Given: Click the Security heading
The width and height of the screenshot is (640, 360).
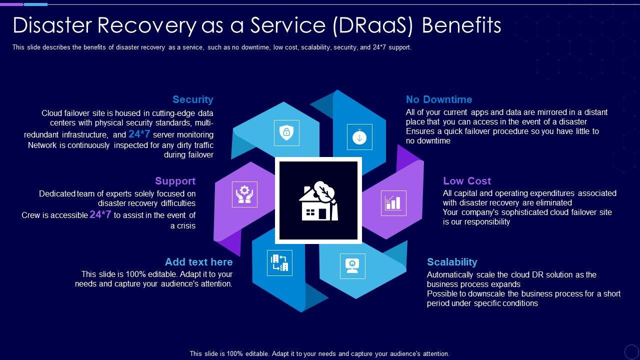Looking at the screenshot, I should [192, 99].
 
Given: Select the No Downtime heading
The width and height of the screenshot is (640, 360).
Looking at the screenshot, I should [438, 99].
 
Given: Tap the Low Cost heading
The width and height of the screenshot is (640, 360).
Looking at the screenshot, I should [466, 181].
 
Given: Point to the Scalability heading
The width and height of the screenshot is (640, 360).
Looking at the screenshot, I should [451, 262].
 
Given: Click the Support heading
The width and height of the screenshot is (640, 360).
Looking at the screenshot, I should [175, 181].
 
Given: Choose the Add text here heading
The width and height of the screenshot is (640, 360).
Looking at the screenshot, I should [198, 262].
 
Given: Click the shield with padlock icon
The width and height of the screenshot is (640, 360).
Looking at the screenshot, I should [286, 132].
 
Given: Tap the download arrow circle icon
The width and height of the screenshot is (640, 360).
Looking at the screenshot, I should [359, 136].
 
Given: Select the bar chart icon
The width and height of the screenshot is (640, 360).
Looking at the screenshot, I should [393, 203].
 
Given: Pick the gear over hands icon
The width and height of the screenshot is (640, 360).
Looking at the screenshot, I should [244, 194].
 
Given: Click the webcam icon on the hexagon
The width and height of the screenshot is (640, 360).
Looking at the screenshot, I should [352, 265].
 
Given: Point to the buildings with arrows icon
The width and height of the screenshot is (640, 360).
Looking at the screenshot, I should [279, 263].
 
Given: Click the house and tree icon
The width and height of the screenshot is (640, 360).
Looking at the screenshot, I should [319, 201].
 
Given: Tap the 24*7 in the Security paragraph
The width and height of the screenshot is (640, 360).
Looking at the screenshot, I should [139, 134].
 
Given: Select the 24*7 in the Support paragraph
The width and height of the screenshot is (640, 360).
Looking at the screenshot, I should [100, 215].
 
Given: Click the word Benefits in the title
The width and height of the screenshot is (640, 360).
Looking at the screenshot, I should [461, 25].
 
